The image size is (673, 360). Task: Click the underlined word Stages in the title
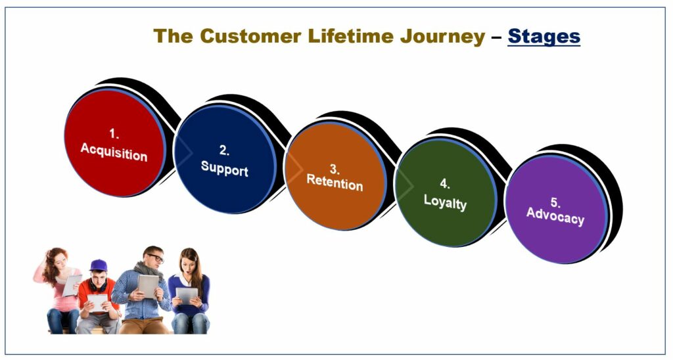coord(544,36)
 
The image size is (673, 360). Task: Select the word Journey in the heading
coord(443,37)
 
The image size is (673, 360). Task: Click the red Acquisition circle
coord(114,143)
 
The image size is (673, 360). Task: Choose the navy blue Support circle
coord(225,159)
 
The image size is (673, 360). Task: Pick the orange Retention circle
coord(335,176)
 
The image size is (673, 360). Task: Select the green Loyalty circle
coord(446,192)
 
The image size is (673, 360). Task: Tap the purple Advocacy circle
coord(556,210)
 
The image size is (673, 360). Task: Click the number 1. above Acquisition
coord(114,134)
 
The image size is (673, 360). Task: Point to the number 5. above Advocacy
coord(555,202)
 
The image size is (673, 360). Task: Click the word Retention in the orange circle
coord(335,183)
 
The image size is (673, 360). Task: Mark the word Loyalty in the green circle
coord(445,201)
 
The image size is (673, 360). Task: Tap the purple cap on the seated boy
coord(99,265)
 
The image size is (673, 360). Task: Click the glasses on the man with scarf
coord(156,258)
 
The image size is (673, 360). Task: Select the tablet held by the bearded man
coord(149,286)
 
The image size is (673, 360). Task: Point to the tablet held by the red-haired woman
coord(72,285)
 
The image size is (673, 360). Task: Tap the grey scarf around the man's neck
coord(148,270)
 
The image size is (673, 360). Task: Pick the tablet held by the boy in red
coord(98,302)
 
